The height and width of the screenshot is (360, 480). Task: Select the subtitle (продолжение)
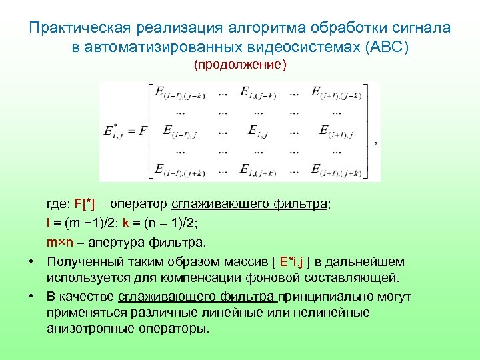(240, 65)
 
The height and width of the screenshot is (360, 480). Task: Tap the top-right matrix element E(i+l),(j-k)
(341, 95)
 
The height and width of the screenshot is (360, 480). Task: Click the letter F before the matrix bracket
(143, 131)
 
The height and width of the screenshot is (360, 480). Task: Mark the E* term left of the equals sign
(113, 131)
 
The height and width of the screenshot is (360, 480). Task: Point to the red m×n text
(61, 241)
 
